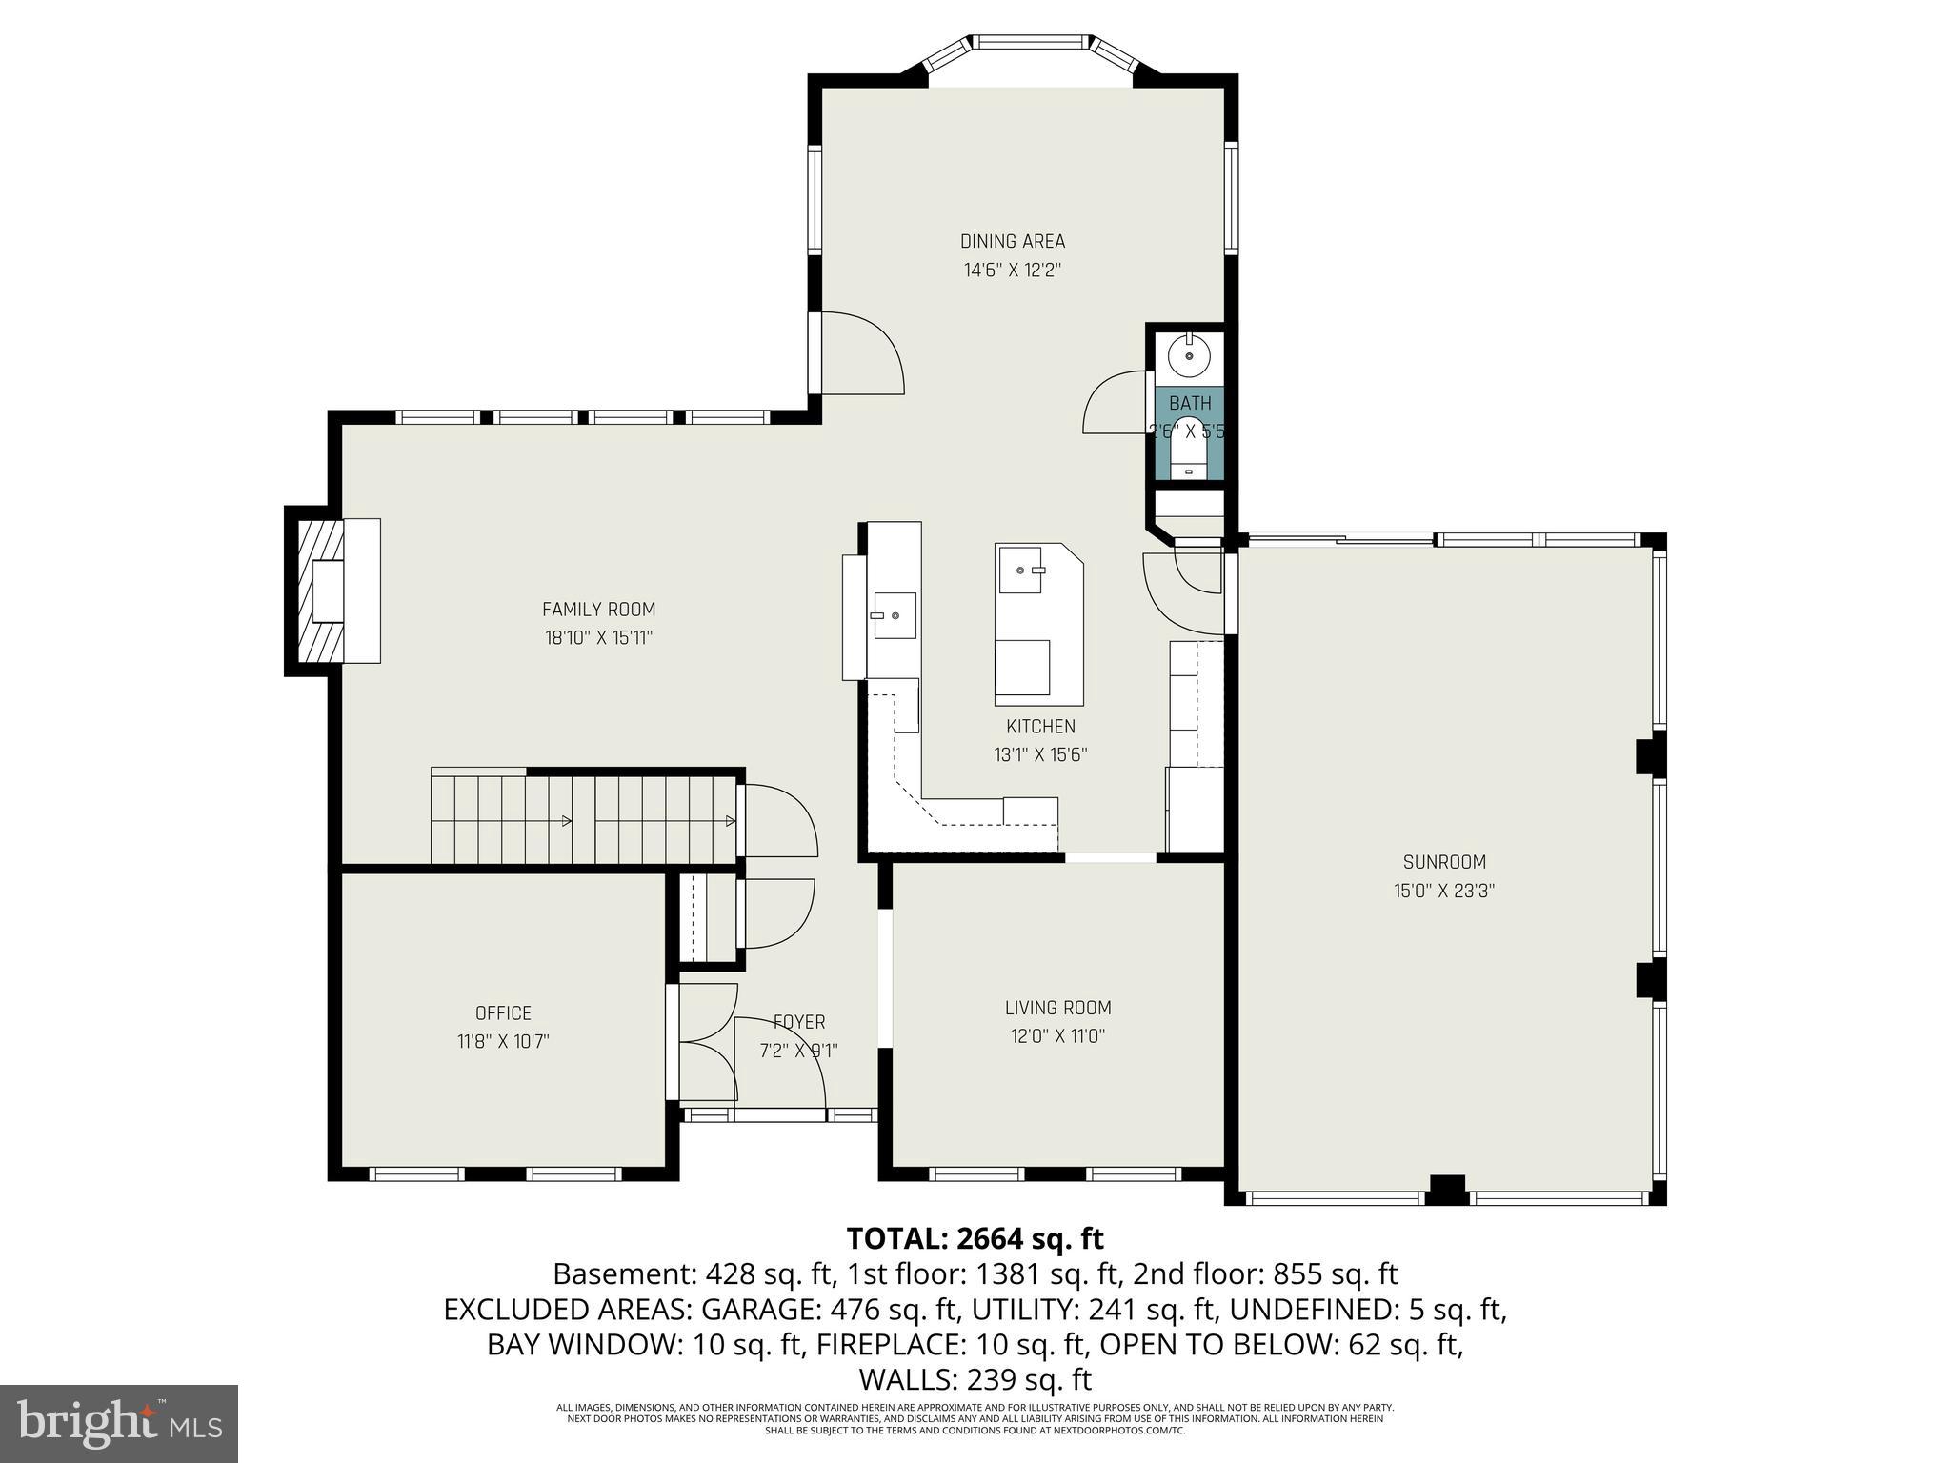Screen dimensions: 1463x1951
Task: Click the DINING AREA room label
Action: tap(1012, 242)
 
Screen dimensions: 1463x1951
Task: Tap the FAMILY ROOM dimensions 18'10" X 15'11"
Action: tap(598, 638)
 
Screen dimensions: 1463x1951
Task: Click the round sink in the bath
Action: tap(1189, 355)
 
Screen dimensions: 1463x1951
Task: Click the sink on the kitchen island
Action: tap(1021, 571)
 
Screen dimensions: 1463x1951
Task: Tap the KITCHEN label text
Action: tap(1040, 727)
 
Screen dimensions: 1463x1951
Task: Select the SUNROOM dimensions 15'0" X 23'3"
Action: tap(1444, 892)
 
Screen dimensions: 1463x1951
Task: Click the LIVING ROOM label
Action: tap(1057, 1008)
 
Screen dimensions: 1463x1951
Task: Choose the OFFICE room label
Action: tap(503, 1013)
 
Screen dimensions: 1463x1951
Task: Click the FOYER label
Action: tap(798, 1022)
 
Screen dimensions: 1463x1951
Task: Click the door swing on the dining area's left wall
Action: tap(862, 352)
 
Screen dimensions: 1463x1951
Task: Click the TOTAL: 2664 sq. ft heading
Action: tap(975, 1239)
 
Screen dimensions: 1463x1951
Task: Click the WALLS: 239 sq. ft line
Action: tap(975, 1379)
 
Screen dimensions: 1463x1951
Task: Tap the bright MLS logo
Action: tap(119, 1424)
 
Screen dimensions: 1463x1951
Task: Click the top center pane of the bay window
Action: tap(1031, 42)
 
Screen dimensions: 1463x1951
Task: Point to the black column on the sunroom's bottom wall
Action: tap(1447, 1191)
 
